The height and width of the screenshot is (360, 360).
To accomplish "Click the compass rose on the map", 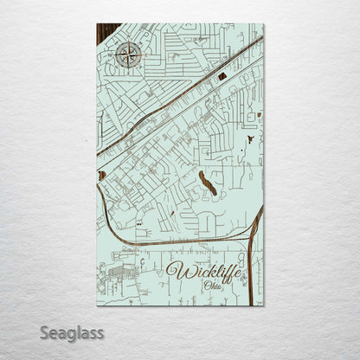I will point(128,57).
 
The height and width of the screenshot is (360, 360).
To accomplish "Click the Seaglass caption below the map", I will point(72,332).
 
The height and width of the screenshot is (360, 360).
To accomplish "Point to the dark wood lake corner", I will point(104,33).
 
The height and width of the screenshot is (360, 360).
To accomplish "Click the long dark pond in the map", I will point(208,182).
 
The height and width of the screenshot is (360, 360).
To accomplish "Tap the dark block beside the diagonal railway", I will point(222,76).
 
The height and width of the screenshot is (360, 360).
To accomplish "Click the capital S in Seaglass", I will point(45,331).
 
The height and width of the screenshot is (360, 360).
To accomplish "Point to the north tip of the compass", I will point(128,45).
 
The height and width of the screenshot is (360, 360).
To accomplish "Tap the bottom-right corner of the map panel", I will point(262,305).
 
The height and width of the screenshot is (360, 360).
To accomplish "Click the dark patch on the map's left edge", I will point(100,176).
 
